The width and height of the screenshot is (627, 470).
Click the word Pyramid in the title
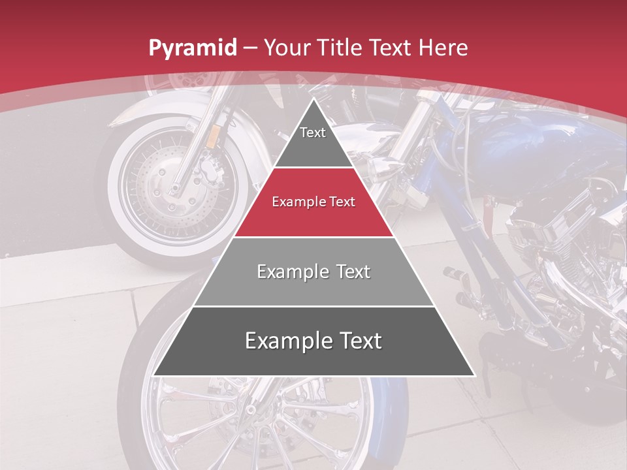click(x=193, y=48)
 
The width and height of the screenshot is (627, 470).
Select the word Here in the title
click(x=443, y=48)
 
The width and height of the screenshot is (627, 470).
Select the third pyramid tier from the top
click(x=313, y=272)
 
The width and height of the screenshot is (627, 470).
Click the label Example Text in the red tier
click(x=313, y=202)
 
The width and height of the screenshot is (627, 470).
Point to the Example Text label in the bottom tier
click(x=313, y=341)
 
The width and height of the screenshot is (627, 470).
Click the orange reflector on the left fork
click(x=213, y=136)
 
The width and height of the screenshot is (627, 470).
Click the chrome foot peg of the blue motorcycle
click(x=457, y=274)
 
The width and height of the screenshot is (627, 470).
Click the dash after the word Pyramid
click(x=250, y=48)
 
